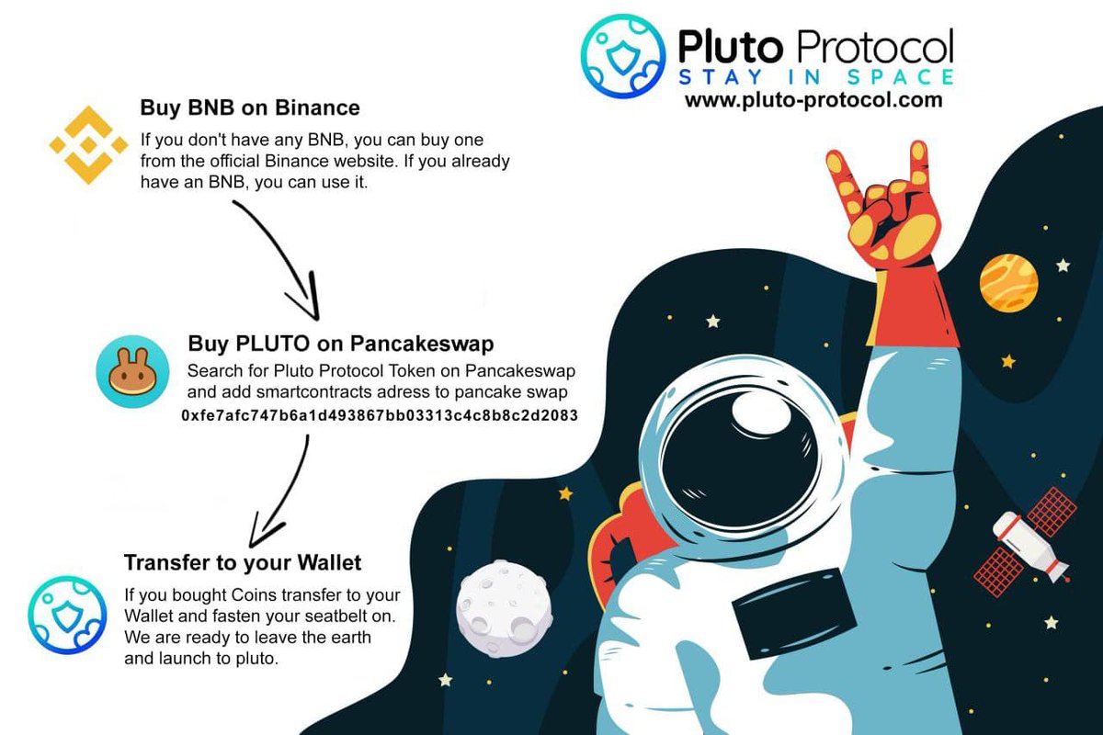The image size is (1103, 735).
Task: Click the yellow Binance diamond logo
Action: point(88,145)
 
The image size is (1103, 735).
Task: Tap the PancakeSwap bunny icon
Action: point(132,372)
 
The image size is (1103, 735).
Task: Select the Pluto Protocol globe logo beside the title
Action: point(623,56)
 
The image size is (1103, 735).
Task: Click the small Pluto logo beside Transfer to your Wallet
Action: point(67,615)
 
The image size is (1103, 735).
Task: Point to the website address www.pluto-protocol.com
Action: point(813,100)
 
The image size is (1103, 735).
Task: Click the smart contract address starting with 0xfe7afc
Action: point(379,415)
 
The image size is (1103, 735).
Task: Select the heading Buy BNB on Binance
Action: point(250,107)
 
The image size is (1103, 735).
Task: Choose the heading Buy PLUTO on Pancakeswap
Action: point(341,343)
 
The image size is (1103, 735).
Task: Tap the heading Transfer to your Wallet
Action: point(243,562)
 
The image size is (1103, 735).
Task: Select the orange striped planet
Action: point(1009,283)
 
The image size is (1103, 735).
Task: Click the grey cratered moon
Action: point(505,608)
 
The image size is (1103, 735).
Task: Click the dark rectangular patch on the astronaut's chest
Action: point(795,614)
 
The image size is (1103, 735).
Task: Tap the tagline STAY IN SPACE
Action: point(816,77)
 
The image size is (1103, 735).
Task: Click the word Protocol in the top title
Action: point(874,46)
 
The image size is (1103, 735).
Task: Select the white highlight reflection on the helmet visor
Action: point(761,413)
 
